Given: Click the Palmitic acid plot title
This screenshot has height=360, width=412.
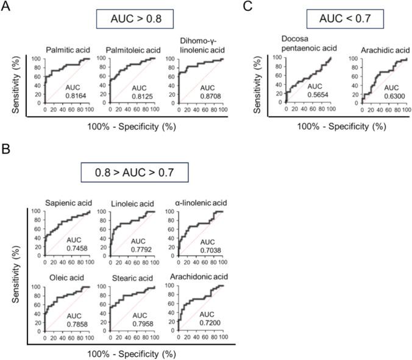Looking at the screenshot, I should click(x=68, y=50).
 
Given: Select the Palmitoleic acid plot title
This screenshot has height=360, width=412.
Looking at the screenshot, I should click(x=127, y=50).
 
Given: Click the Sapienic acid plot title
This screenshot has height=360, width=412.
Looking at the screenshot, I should click(x=68, y=203).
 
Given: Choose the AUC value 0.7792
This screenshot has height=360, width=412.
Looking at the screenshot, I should click(x=138, y=249).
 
